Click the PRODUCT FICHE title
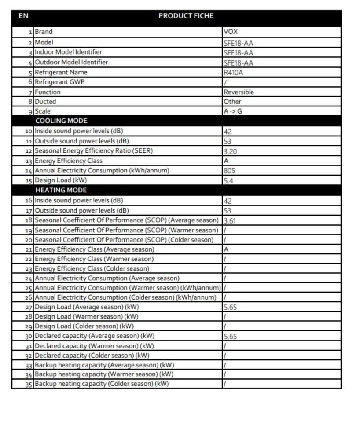pos(186,16)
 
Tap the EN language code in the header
pos(23,16)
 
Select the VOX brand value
pos(231,32)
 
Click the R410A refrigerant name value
pos(233,73)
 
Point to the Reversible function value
pos(239,92)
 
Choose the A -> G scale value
pos(233,111)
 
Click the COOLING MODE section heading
pos(61,121)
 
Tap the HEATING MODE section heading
pos(61,190)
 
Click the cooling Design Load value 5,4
pos(228,180)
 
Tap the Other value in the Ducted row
pos(232,102)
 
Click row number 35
pos(29,384)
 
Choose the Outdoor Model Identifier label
pos(71,62)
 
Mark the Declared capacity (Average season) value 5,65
pos(230,337)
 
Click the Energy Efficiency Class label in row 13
pos(68,161)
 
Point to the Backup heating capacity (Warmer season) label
pos(104,374)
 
